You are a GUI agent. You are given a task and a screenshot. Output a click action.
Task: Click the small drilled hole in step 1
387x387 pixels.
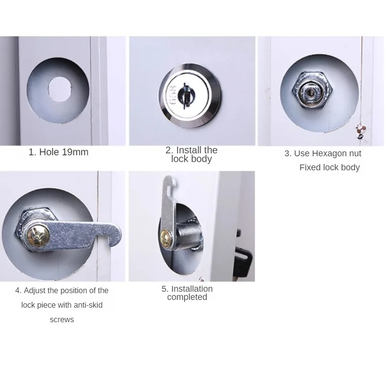point(60,89)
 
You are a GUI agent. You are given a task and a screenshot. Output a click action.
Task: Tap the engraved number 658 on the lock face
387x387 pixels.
point(173,95)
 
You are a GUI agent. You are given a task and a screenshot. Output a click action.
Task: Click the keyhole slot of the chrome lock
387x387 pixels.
point(185,95)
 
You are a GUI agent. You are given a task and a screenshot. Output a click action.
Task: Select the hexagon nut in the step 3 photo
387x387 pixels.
point(312,90)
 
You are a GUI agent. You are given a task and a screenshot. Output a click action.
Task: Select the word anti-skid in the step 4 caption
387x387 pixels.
point(88,305)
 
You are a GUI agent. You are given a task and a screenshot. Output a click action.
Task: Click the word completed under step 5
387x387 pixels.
point(187,297)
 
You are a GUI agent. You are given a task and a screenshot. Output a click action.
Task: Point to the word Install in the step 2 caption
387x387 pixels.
point(188,150)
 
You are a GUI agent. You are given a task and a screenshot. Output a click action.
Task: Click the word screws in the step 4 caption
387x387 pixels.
point(62,320)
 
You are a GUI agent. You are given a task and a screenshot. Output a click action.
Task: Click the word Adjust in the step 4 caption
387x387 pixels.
point(34,291)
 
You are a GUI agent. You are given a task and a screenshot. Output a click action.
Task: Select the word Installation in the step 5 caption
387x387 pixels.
point(192,289)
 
